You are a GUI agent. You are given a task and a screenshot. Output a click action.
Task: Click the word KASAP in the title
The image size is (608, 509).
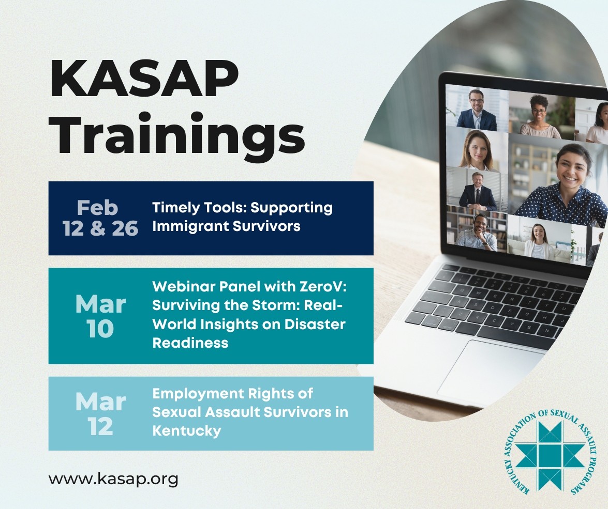coord(144,80)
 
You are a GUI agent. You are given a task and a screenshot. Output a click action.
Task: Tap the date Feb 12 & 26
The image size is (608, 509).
coord(100,218)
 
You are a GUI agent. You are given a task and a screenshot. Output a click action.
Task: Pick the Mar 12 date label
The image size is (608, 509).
coord(100,413)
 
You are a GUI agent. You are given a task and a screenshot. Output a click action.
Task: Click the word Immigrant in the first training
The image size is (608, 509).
coord(189,226)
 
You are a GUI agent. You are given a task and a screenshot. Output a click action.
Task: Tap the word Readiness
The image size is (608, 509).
coord(190,343)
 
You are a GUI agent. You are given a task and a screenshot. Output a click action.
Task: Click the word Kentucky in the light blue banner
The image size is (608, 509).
coord(186,431)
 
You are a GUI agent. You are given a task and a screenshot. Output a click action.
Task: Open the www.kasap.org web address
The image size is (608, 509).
coord(113,479)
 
